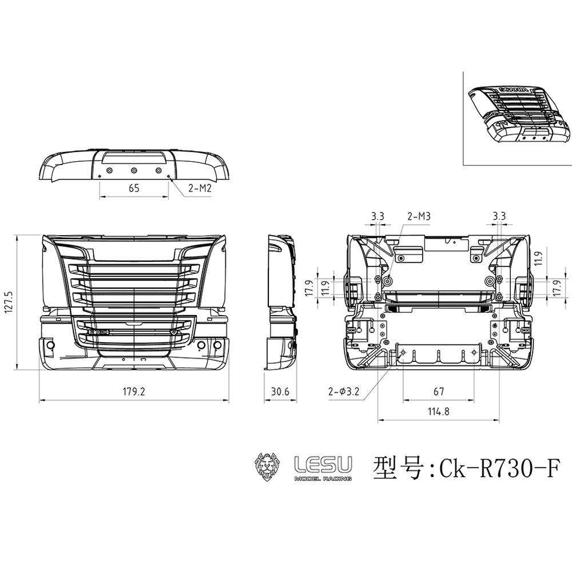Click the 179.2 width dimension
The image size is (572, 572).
[x=134, y=391]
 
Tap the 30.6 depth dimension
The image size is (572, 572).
[x=280, y=391]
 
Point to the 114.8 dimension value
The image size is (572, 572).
[x=439, y=412]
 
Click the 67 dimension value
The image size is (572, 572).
[x=439, y=391]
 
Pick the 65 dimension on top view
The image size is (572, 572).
[x=134, y=188]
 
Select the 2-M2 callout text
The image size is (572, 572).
[x=200, y=188]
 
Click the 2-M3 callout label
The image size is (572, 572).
[x=419, y=216]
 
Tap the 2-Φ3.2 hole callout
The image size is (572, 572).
[x=344, y=392]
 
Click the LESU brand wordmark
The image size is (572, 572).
[x=323, y=464]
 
